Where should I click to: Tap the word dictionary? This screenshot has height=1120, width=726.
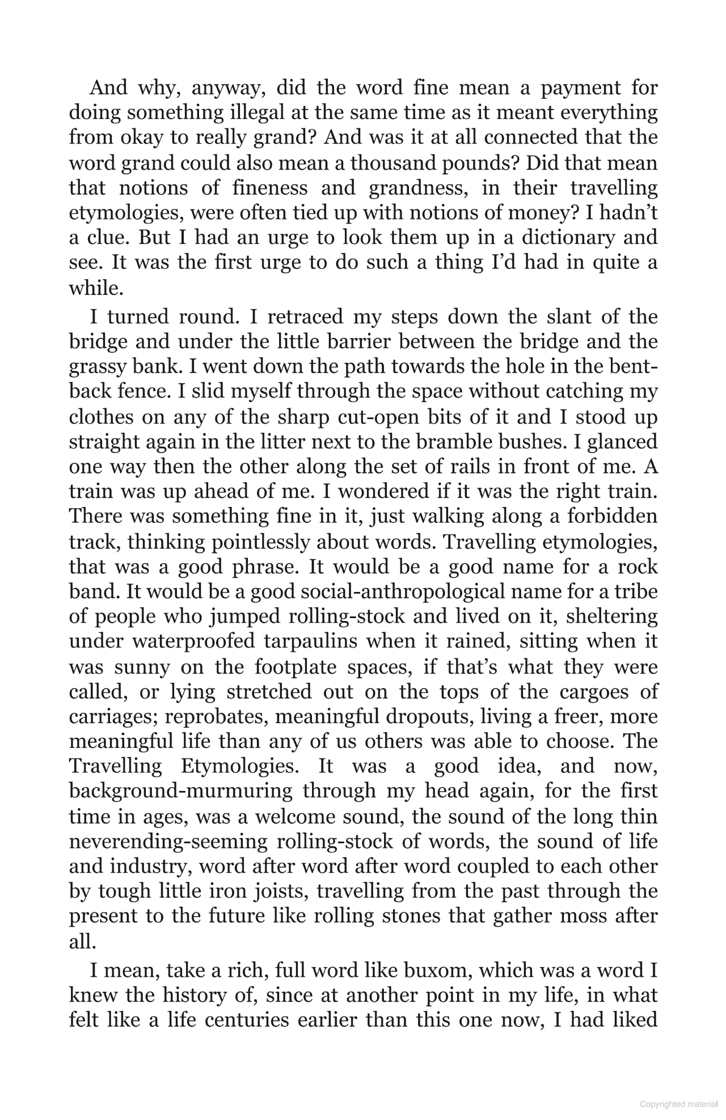point(568,238)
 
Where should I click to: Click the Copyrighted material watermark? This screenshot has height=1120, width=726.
point(678,1104)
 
